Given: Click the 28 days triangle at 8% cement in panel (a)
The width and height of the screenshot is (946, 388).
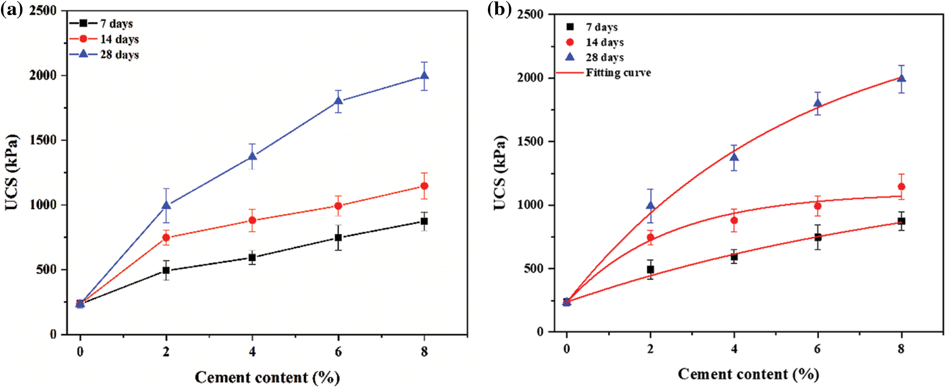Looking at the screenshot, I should [x=424, y=76].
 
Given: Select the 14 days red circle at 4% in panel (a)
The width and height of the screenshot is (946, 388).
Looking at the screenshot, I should [x=252, y=220].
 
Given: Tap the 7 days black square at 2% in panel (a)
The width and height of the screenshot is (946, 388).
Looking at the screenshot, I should [x=166, y=270].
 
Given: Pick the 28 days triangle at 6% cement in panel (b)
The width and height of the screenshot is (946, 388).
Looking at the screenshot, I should [x=818, y=103].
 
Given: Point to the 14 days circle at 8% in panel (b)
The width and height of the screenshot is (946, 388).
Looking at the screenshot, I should [x=902, y=186].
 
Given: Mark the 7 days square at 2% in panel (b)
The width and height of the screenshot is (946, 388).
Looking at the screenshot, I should [x=650, y=269].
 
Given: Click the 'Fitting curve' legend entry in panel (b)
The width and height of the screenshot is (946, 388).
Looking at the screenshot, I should [x=618, y=73].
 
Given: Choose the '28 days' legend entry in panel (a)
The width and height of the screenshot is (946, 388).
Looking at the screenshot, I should [x=119, y=54].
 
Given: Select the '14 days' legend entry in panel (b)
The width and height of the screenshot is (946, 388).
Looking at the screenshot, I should [x=605, y=42].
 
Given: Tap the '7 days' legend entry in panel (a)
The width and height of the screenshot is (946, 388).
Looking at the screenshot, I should [x=116, y=23].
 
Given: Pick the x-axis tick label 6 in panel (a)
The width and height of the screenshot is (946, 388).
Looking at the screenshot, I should [x=338, y=351].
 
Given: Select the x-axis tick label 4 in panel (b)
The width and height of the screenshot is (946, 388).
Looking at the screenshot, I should [x=734, y=348].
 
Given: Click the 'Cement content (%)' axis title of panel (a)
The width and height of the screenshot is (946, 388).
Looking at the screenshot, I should [x=267, y=377].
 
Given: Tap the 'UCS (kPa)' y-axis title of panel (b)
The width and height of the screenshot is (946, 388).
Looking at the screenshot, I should [x=500, y=172].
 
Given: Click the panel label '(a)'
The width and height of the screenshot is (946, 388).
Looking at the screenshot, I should [x=11, y=10].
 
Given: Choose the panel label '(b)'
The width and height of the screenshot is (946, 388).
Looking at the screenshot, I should [x=499, y=10].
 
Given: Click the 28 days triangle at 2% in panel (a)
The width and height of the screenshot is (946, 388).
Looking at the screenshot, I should [x=166, y=205].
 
